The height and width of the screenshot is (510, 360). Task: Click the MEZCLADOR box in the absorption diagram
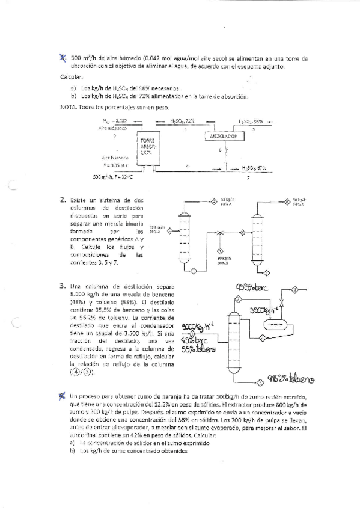pos(222,137)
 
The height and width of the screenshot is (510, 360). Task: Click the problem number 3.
pos(63,286)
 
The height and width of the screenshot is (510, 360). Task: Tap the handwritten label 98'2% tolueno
pos(291,379)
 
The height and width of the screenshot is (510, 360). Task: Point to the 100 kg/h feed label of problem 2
pos(156,226)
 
